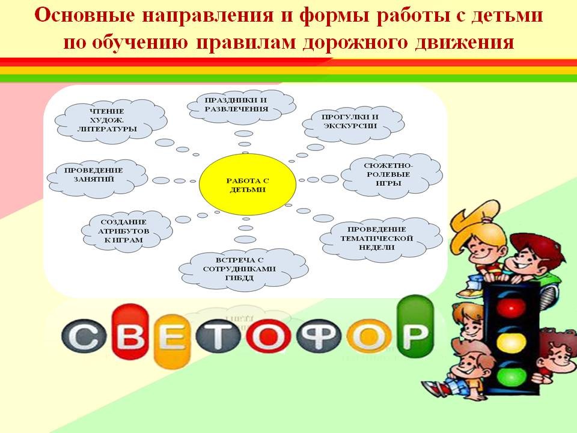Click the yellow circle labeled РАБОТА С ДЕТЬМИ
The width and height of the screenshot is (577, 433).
247,185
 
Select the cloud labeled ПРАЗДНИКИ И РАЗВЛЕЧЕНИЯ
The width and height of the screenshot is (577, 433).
242,105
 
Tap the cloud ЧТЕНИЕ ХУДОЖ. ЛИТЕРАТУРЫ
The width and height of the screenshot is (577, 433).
111,120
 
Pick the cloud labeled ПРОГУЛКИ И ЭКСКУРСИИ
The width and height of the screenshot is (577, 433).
353,122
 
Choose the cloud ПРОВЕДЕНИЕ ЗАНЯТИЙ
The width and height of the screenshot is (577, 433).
97,177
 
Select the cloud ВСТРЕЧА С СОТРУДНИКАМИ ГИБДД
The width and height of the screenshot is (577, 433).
243,269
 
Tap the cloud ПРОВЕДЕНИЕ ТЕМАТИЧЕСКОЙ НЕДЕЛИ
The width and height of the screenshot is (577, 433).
381,239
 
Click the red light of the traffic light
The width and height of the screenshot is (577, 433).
511,307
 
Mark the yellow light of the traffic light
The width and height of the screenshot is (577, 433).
511,342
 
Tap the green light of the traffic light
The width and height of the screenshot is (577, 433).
511,376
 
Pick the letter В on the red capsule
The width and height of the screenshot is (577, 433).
130,332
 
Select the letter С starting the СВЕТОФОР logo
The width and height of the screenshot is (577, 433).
84,336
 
